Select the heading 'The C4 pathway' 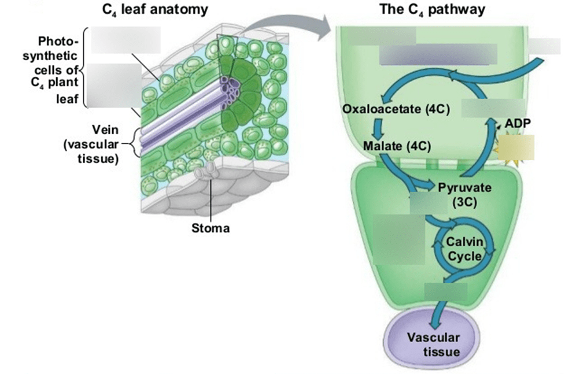[x=432, y=10]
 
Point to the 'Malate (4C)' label [x=397, y=145]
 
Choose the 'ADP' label [x=516, y=124]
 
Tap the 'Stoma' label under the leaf [x=211, y=228]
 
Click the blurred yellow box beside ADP [x=519, y=147]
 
